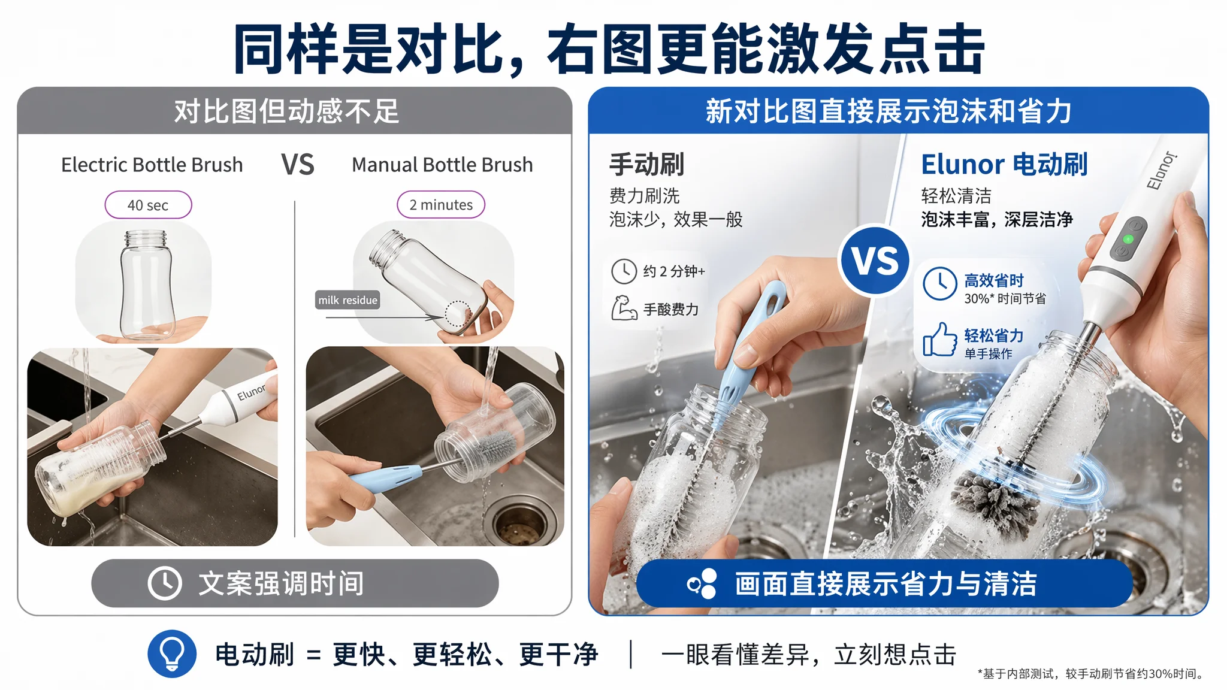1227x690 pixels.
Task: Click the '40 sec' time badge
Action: tap(148, 205)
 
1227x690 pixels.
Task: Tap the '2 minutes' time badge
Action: tap(441, 205)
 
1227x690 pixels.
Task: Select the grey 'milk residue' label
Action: tap(347, 300)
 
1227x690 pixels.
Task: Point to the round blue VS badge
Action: tap(875, 260)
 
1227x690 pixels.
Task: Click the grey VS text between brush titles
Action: tap(298, 165)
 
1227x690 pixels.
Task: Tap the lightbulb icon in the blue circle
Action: tap(172, 653)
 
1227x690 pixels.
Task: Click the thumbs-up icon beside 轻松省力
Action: tap(939, 340)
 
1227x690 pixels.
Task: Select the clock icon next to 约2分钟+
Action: tap(624, 271)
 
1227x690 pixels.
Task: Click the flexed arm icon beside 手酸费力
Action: tap(624, 308)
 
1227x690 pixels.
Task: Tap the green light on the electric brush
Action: tap(1128, 239)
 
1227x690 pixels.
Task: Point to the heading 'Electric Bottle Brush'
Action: tap(152, 165)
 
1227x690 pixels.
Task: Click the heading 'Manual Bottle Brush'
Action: tap(442, 165)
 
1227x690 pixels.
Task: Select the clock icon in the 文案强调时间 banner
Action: tap(165, 583)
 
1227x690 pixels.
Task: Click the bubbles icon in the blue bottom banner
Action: tap(702, 583)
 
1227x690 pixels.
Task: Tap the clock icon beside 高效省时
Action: tap(939, 284)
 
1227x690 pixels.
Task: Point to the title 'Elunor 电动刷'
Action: tap(1004, 164)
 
